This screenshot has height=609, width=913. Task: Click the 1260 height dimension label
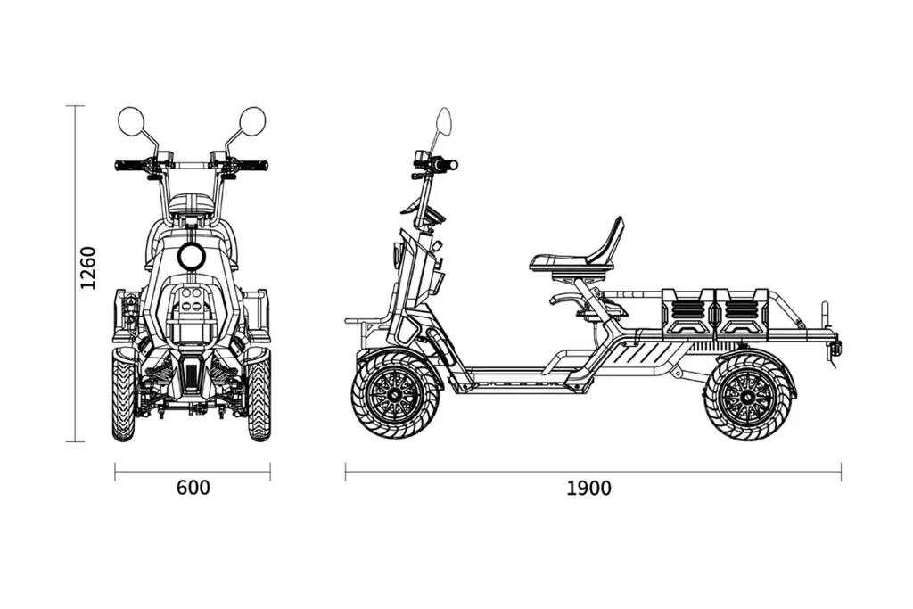pos(87,267)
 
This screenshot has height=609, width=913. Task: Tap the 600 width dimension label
pos(193,488)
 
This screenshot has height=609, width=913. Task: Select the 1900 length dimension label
pos(588,488)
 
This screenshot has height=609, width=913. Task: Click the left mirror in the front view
pos(131,121)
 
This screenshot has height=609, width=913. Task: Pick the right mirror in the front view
pos(252,121)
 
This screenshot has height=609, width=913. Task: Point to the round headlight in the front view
pos(191,257)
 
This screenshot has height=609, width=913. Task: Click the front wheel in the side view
pos(396,393)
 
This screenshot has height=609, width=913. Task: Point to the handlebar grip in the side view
pos(446,165)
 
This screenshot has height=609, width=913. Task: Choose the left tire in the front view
pos(124,397)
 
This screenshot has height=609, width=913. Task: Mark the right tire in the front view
pos(259,397)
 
